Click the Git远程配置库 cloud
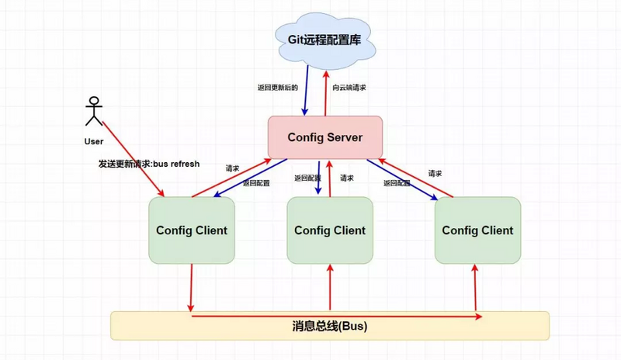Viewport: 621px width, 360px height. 325,38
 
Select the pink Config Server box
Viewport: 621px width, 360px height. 325,137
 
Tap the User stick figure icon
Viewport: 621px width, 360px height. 94,111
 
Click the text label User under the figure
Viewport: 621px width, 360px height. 94,142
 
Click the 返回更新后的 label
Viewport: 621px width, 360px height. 277,88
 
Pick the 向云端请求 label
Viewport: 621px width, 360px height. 349,88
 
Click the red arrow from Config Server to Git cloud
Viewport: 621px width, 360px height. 327,89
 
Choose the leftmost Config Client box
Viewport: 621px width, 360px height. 192,230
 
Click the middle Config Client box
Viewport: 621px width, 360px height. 330,230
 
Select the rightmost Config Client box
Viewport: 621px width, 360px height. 477,230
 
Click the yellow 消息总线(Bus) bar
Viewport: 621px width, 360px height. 330,326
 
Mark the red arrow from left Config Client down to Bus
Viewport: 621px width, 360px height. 192,287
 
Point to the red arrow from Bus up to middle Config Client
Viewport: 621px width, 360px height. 331,287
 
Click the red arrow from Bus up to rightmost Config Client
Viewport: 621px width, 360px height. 474,287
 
